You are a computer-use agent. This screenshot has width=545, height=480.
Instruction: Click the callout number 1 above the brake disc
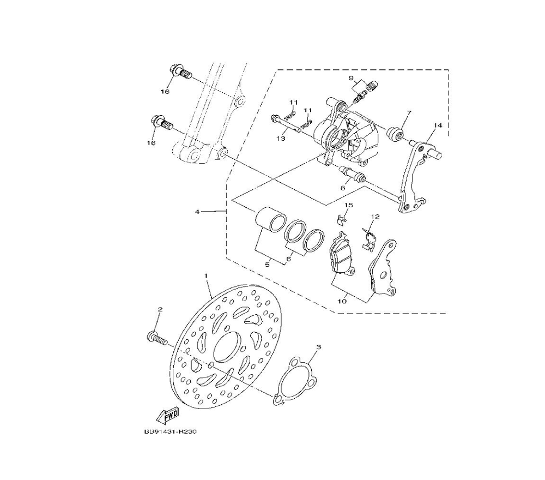point(206,275)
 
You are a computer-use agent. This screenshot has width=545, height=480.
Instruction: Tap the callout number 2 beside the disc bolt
point(160,309)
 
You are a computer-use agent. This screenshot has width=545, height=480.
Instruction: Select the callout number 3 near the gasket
point(319,347)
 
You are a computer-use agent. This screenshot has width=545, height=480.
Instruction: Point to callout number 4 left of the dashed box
point(197,212)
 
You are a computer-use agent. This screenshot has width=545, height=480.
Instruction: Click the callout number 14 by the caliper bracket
point(438,125)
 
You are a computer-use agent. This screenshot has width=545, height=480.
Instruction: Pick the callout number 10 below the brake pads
point(342,301)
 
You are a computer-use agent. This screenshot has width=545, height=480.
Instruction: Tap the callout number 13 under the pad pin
point(281,139)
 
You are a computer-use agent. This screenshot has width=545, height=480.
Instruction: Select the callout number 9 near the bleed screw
point(351,77)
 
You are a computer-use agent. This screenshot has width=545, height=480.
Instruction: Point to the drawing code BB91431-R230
point(170,431)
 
